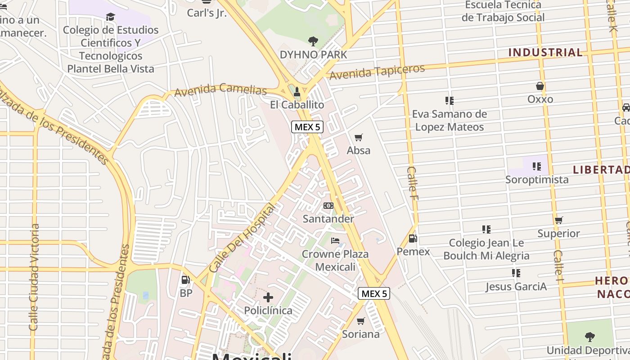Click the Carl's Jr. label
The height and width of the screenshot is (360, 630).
tap(207, 13)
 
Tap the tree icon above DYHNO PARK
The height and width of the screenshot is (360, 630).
tap(313, 41)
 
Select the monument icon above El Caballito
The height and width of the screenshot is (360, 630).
tap(297, 92)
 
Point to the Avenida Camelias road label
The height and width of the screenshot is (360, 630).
tap(220, 90)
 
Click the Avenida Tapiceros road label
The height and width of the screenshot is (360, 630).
tap(377, 72)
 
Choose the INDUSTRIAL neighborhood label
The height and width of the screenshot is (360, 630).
tap(545, 53)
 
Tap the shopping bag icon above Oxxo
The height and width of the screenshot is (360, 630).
tap(540, 86)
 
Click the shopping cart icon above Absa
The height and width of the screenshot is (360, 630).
tap(359, 137)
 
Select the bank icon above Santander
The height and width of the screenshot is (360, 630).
tap(328, 206)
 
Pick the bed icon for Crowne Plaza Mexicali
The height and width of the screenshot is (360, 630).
tap(335, 241)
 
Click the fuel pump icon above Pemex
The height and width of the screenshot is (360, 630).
tap(413, 238)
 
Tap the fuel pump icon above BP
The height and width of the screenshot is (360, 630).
tap(185, 280)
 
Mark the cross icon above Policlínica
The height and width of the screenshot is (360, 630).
tap(268, 297)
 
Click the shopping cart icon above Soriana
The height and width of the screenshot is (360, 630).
tap(360, 321)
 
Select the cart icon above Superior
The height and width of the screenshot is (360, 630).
tap(559, 220)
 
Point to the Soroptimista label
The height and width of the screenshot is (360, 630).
tap(537, 180)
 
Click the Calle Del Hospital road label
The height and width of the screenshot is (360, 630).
tap(242, 238)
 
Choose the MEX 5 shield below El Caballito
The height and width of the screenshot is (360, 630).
tap(308, 127)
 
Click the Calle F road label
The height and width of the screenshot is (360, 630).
tap(412, 179)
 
